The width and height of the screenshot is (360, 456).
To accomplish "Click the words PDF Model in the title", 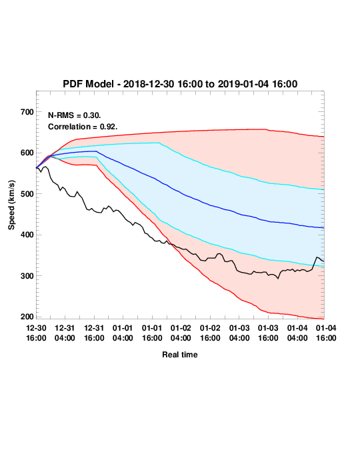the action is coord(88,84).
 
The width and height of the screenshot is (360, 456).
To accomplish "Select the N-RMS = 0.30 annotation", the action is coord(75,115).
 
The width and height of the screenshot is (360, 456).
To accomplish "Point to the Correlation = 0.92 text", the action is coord(83,127).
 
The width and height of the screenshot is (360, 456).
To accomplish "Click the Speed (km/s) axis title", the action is coord(11,205).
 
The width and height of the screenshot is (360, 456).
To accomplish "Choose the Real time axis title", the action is coord(180,355).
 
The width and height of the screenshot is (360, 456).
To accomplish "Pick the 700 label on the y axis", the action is coord(27,112).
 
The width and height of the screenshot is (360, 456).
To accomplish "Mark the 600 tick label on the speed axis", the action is coord(27,153).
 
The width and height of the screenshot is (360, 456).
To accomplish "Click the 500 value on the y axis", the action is coord(27,194).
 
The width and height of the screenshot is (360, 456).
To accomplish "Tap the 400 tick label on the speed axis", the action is coord(27,235).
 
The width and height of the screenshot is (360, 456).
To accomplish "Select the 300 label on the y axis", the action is coord(27,276).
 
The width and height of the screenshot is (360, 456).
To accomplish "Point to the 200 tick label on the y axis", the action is coord(27,317).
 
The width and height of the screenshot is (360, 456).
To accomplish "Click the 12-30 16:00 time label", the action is coord(36,333).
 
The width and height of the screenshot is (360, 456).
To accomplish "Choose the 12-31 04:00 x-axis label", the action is coord(65,333).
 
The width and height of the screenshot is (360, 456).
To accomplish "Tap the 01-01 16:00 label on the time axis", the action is coord(152,333).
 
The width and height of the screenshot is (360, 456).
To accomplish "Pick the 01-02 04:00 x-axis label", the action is coord(181,333).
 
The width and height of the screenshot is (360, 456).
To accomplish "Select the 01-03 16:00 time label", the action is coord(268,333).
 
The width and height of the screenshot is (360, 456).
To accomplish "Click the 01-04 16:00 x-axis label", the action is coord(326,333).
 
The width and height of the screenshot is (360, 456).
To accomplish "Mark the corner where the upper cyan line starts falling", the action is coord(159,143).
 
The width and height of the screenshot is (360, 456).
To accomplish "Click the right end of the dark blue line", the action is coord(324,228).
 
